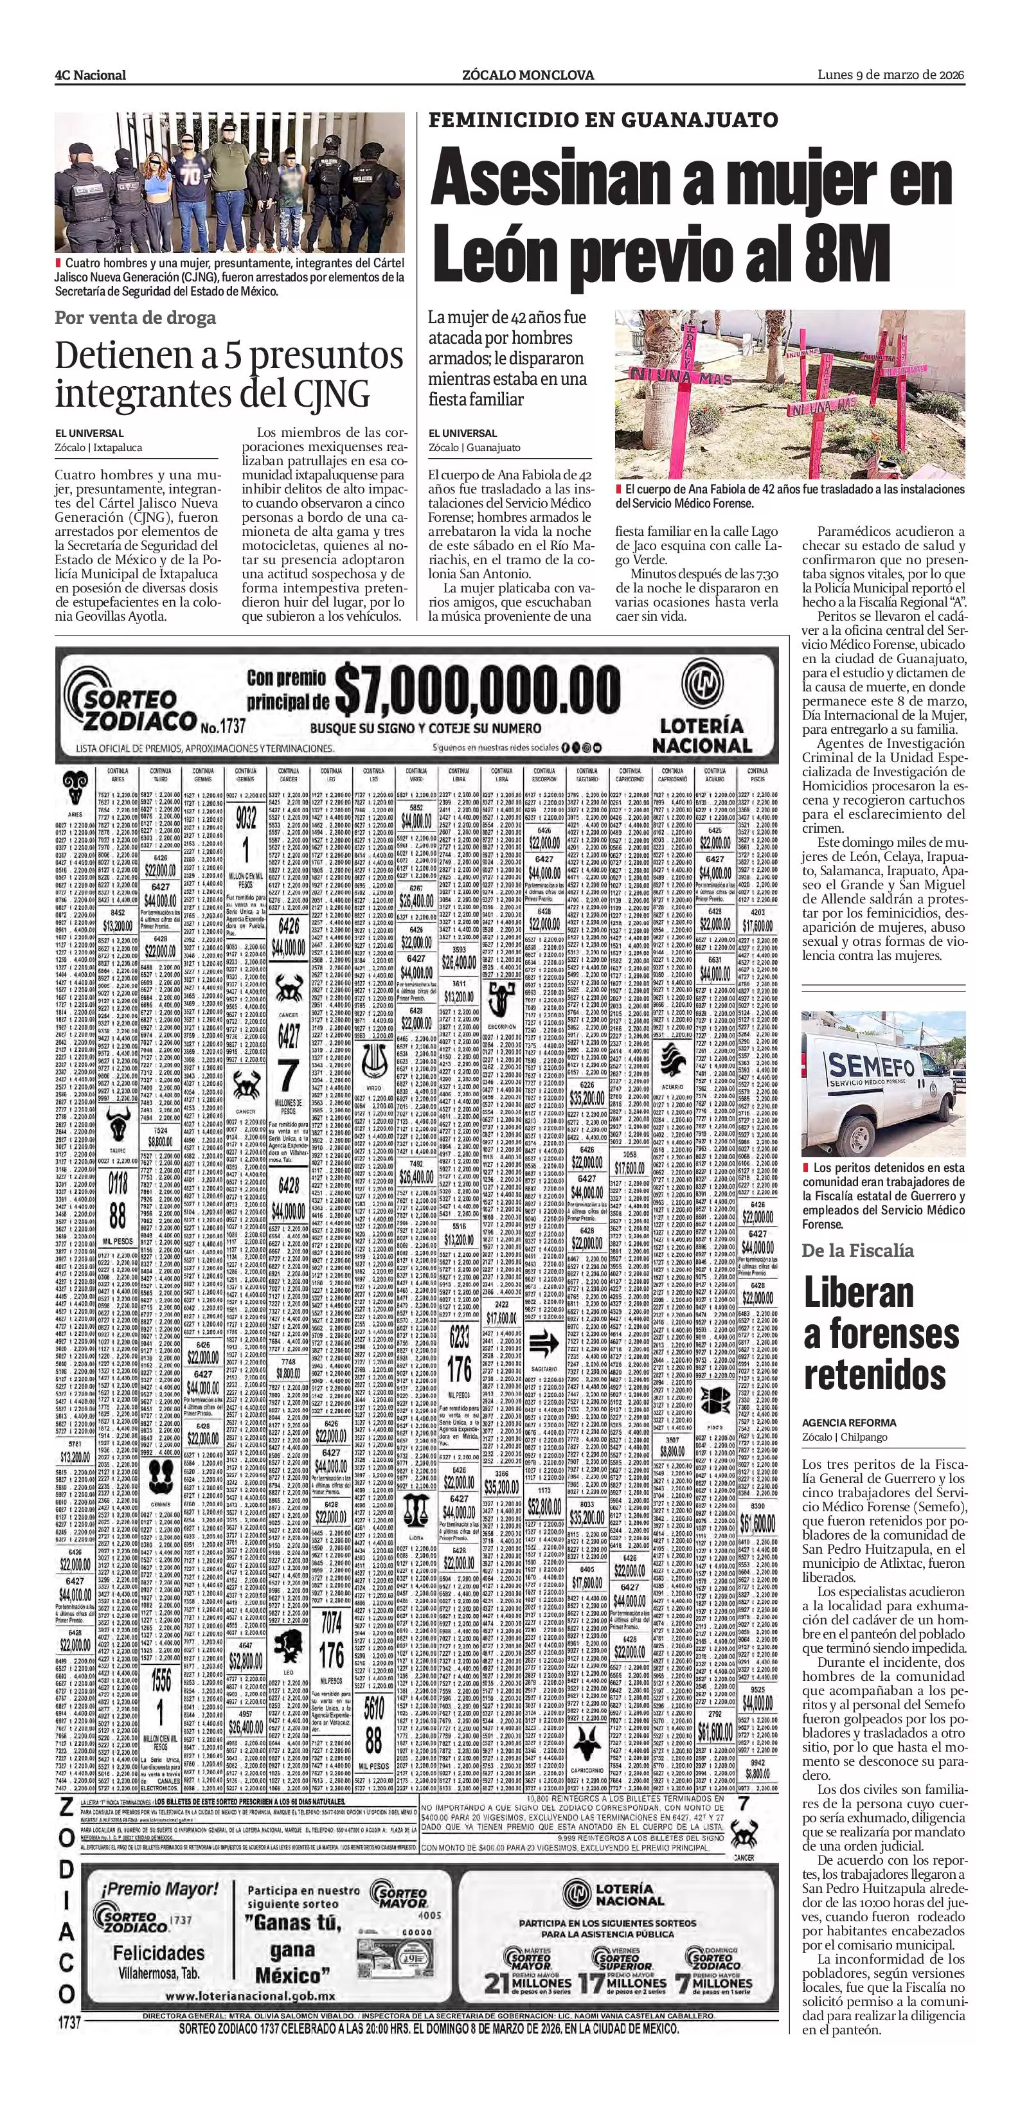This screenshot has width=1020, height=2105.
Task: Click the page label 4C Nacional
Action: [90, 75]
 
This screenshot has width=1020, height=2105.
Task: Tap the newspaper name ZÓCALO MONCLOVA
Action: [527, 75]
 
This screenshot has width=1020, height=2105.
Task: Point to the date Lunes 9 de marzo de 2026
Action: [891, 75]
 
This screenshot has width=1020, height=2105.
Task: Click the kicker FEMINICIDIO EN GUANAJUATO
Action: [603, 120]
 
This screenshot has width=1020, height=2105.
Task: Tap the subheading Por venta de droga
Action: [135, 318]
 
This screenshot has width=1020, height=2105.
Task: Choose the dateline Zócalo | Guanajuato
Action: [474, 448]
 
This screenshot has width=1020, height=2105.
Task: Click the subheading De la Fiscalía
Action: [857, 1250]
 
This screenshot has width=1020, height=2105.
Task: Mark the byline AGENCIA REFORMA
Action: [848, 1423]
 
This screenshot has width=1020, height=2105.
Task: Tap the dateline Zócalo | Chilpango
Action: [845, 1437]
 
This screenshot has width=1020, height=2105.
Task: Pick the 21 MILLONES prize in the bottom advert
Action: [527, 1982]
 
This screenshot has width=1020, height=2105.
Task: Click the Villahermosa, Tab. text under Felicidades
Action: [157, 1972]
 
